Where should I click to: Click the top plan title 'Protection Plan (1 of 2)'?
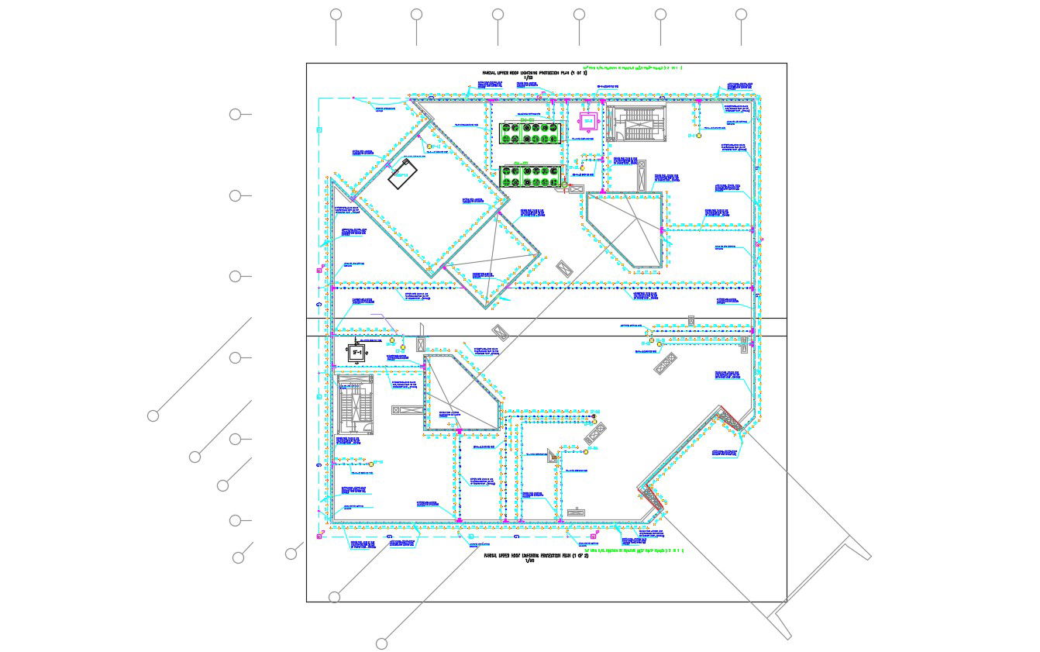click(534, 73)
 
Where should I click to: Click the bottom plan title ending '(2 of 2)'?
click(535, 556)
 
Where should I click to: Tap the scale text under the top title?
click(529, 78)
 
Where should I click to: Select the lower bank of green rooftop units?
click(531, 176)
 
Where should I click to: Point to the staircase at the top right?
click(635, 125)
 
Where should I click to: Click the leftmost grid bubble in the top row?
click(336, 14)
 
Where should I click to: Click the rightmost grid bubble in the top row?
click(741, 14)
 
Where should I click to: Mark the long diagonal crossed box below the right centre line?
click(665, 364)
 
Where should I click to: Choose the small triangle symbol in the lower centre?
click(552, 455)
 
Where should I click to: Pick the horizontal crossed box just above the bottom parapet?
click(575, 512)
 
